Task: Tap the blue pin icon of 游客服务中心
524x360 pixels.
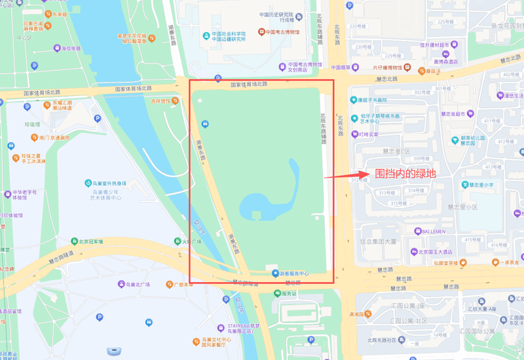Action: coord(275,273)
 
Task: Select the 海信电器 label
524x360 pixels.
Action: coord(70,48)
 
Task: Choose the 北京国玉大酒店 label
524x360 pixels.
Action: coord(436,251)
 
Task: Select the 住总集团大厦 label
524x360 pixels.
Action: coord(379,241)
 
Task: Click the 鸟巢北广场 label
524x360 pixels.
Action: coord(137,284)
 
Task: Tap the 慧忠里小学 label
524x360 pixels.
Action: coord(485,185)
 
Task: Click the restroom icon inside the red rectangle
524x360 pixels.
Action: coord(205,122)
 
